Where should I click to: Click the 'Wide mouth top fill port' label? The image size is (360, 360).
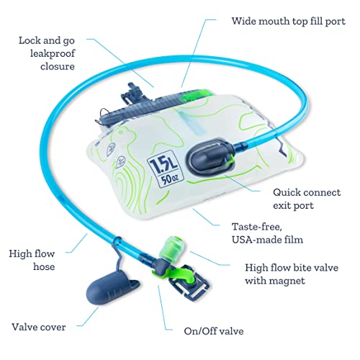tap(288, 21)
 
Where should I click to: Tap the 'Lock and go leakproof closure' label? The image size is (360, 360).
tap(47, 53)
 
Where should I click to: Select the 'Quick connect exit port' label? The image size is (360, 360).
tap(307, 199)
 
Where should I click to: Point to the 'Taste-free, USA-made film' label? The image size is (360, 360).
tap(267, 233)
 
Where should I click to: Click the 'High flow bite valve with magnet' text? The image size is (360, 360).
tap(292, 274)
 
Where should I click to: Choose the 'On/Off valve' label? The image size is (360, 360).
tap(214, 331)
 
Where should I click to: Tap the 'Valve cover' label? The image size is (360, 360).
tap(39, 327)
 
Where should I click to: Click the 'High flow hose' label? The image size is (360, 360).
tap(32, 260)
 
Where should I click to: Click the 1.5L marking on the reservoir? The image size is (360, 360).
tap(163, 163)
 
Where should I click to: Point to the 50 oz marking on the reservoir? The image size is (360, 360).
tap(170, 179)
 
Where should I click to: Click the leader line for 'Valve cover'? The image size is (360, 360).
tap(88, 317)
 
